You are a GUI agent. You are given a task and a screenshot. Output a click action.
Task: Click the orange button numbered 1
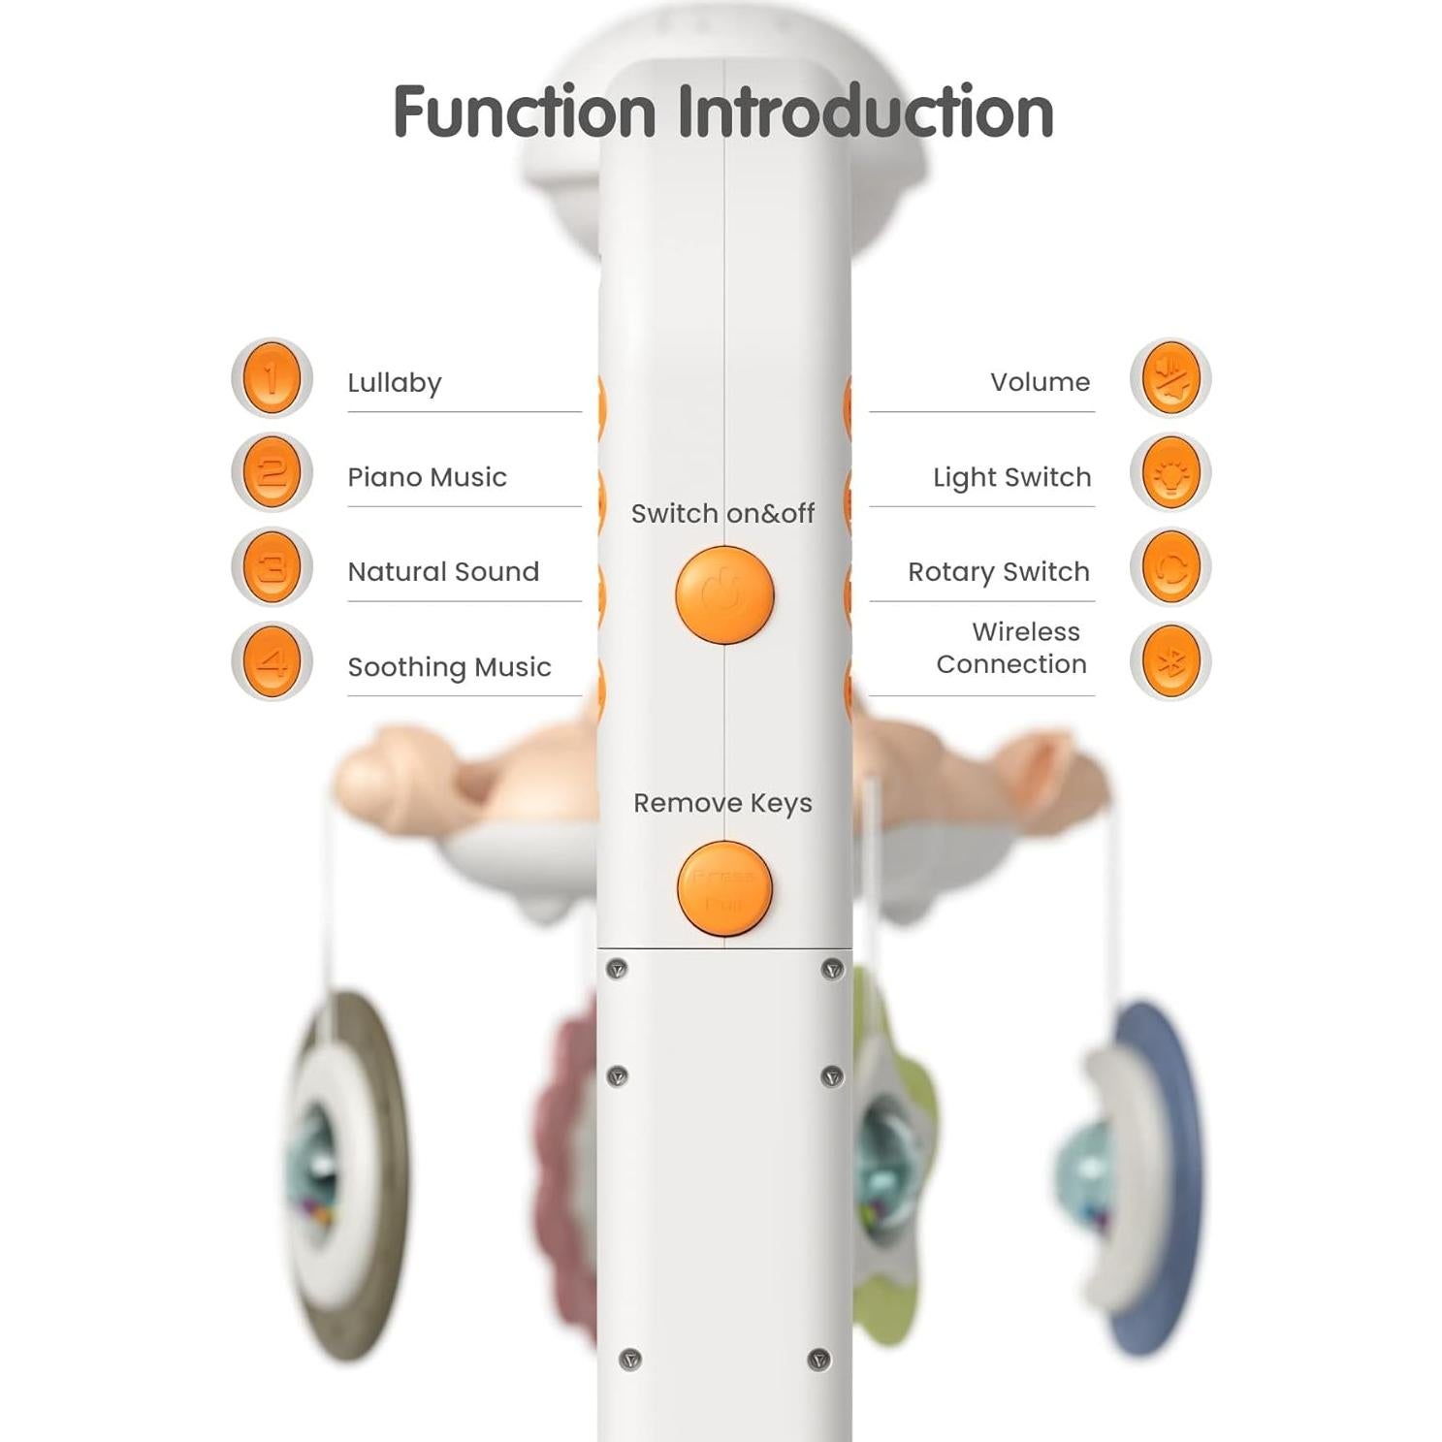pos(272,377)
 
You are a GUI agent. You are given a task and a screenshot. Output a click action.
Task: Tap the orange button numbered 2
pos(272,472)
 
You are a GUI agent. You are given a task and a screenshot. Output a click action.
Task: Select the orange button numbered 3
pos(272,567)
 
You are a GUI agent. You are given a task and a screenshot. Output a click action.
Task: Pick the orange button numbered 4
pos(272,662)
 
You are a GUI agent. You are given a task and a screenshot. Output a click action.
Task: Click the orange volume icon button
pos(1170,377)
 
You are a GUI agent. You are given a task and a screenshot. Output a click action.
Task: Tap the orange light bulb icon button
pos(1170,472)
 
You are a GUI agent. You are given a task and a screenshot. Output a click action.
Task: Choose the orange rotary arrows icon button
pos(1170,567)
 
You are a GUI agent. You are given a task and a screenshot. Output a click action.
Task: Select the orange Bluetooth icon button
pos(1170,662)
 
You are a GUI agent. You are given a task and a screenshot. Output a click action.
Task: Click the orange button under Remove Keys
pos(724,888)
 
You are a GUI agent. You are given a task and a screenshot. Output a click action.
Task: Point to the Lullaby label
pos(395,383)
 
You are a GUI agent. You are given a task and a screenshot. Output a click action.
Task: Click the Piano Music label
pos(427,477)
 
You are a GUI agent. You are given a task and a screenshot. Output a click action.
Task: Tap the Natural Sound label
pos(443,572)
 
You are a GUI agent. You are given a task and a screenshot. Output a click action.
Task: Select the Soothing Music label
pos(449,667)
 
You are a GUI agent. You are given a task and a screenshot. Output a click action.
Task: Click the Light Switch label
pos(1011,477)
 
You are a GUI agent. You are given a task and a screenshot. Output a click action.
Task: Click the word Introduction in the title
pos(865,112)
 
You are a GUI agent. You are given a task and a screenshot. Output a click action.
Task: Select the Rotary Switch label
pos(999,572)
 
